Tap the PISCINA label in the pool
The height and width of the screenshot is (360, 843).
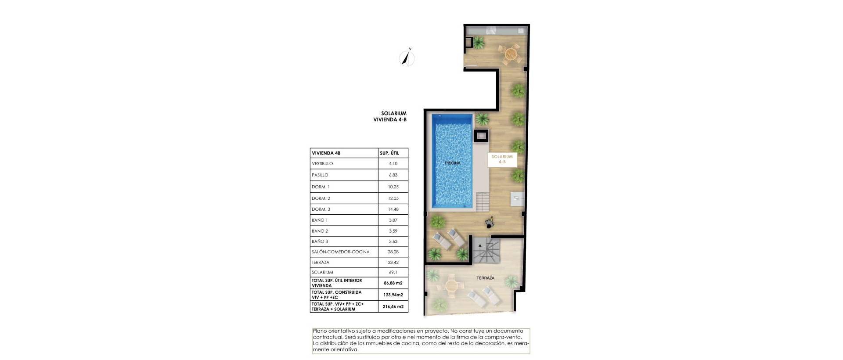click(452, 163)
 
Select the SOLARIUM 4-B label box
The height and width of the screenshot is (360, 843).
click(502, 159)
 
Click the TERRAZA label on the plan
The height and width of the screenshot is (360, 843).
click(486, 278)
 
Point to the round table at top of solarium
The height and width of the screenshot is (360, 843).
click(510, 54)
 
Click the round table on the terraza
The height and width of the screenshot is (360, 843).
click(451, 286)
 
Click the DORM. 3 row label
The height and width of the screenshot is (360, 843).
click(321, 209)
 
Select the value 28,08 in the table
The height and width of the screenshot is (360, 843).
click(393, 252)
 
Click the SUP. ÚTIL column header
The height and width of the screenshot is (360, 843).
click(389, 153)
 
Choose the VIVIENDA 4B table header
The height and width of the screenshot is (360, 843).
click(326, 153)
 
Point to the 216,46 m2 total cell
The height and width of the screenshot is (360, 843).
click(393, 307)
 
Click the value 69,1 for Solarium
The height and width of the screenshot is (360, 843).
click(393, 273)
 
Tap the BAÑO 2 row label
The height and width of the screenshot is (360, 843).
click(320, 231)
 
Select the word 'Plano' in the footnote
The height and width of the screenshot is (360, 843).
click(319, 331)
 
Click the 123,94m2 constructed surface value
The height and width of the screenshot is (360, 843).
click(393, 295)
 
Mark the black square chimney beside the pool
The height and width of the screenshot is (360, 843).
click(481, 136)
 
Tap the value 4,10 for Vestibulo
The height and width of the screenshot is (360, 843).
click(393, 164)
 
